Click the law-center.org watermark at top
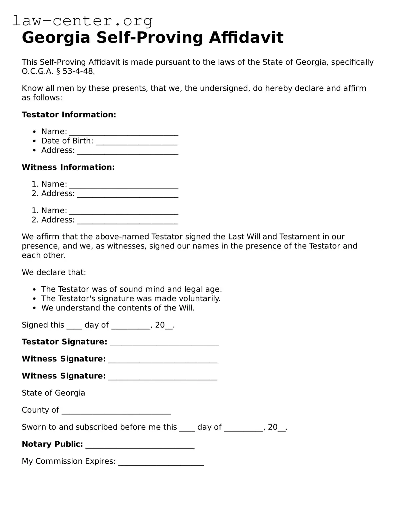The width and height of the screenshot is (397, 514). pyautogui.click(x=83, y=21)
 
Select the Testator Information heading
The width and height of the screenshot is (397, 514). pyautogui.click(x=69, y=115)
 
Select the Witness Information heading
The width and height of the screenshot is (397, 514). pyautogui.click(x=68, y=167)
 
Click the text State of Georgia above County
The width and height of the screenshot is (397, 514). pyautogui.click(x=53, y=393)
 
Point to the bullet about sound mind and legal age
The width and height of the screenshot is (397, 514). pyautogui.click(x=131, y=289)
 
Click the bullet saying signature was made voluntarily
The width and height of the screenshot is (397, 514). pyautogui.click(x=131, y=299)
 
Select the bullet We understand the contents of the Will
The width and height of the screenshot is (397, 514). pyautogui.click(x=118, y=308)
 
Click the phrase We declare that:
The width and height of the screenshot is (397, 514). pyautogui.click(x=54, y=272)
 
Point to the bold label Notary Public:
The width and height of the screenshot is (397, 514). pyautogui.click(x=52, y=444)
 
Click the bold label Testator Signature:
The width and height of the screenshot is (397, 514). pyautogui.click(x=64, y=342)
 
